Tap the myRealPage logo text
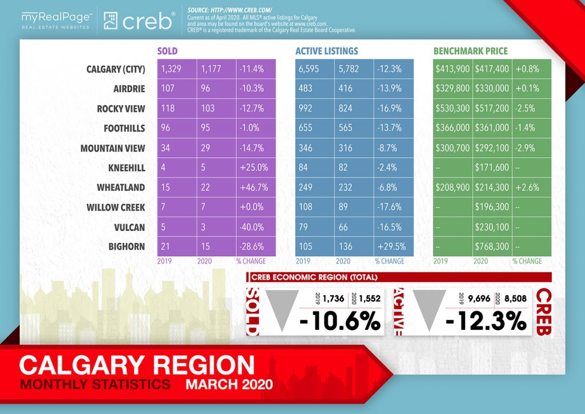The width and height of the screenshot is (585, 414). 57,18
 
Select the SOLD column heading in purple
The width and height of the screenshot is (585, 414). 167,51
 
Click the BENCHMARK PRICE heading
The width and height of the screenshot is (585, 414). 471,51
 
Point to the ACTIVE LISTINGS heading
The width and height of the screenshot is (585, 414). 326,51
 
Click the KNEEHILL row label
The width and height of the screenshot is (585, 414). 126,168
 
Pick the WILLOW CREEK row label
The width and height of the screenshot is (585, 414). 115,207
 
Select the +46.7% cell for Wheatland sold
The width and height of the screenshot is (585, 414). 254,188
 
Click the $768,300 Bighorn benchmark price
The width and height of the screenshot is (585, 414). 492,246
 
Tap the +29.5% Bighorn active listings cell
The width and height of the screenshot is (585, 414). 391,246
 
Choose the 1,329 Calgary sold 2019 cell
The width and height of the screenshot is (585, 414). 171,69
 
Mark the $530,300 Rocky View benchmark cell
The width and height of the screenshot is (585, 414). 452,108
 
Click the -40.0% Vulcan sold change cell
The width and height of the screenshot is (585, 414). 251,227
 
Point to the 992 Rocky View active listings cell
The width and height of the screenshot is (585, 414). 306,108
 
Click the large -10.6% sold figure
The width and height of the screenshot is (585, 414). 340,321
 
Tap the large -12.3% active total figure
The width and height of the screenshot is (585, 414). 486,321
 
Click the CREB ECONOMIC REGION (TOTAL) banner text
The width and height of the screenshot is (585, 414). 315,277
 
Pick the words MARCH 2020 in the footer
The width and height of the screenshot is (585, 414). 229,384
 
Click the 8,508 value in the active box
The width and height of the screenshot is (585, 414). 516,298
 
